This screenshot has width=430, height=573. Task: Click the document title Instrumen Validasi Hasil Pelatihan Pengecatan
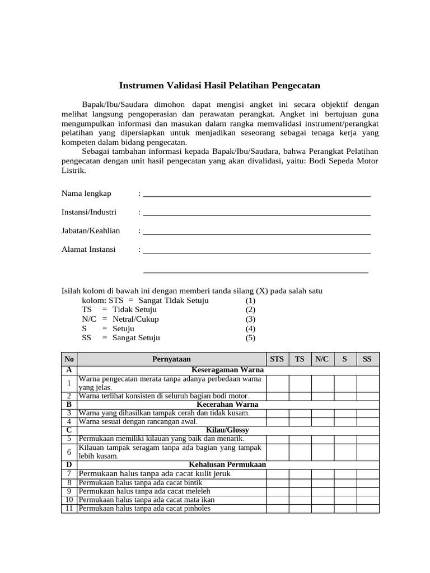(219, 86)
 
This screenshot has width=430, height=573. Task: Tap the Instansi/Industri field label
(88, 213)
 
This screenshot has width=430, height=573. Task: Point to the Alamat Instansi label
(88, 250)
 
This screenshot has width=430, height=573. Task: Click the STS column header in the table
(277, 359)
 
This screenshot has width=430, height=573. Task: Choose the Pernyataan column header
(171, 359)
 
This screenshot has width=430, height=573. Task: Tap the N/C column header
(322, 359)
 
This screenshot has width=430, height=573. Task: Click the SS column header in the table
(367, 359)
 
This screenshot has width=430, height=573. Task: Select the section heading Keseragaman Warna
(227, 370)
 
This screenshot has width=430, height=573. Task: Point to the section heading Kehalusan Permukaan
(227, 465)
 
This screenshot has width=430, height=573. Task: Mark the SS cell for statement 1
(367, 383)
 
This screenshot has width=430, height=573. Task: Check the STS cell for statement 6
(277, 452)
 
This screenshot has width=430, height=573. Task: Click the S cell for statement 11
(345, 509)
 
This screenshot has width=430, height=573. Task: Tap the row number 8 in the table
(69, 483)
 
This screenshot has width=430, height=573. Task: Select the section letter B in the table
(69, 404)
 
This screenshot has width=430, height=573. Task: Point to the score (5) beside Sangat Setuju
(250, 338)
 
